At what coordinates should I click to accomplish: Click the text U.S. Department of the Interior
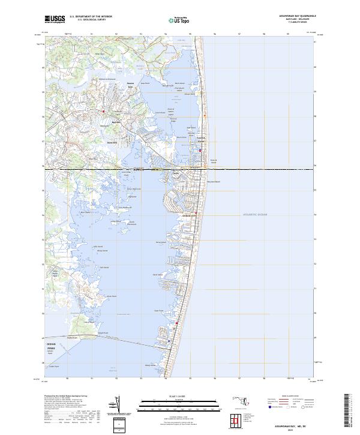pos(91,17)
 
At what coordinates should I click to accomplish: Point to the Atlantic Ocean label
pos(254,214)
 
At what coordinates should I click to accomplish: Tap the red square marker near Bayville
pos(103,112)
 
